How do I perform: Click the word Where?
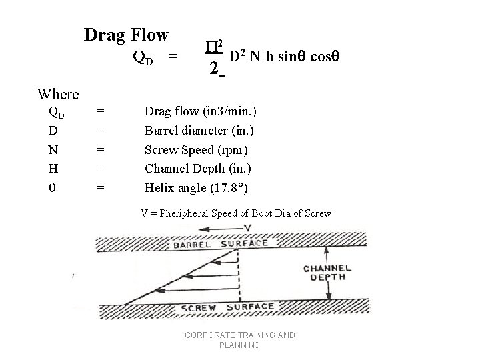tap(58, 94)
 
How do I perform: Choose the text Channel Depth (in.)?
tap(199, 168)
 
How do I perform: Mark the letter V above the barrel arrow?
tap(248, 228)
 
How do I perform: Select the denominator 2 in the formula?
tap(213, 68)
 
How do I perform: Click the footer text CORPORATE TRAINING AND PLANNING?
tap(239, 340)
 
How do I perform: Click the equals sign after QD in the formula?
tap(173, 57)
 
